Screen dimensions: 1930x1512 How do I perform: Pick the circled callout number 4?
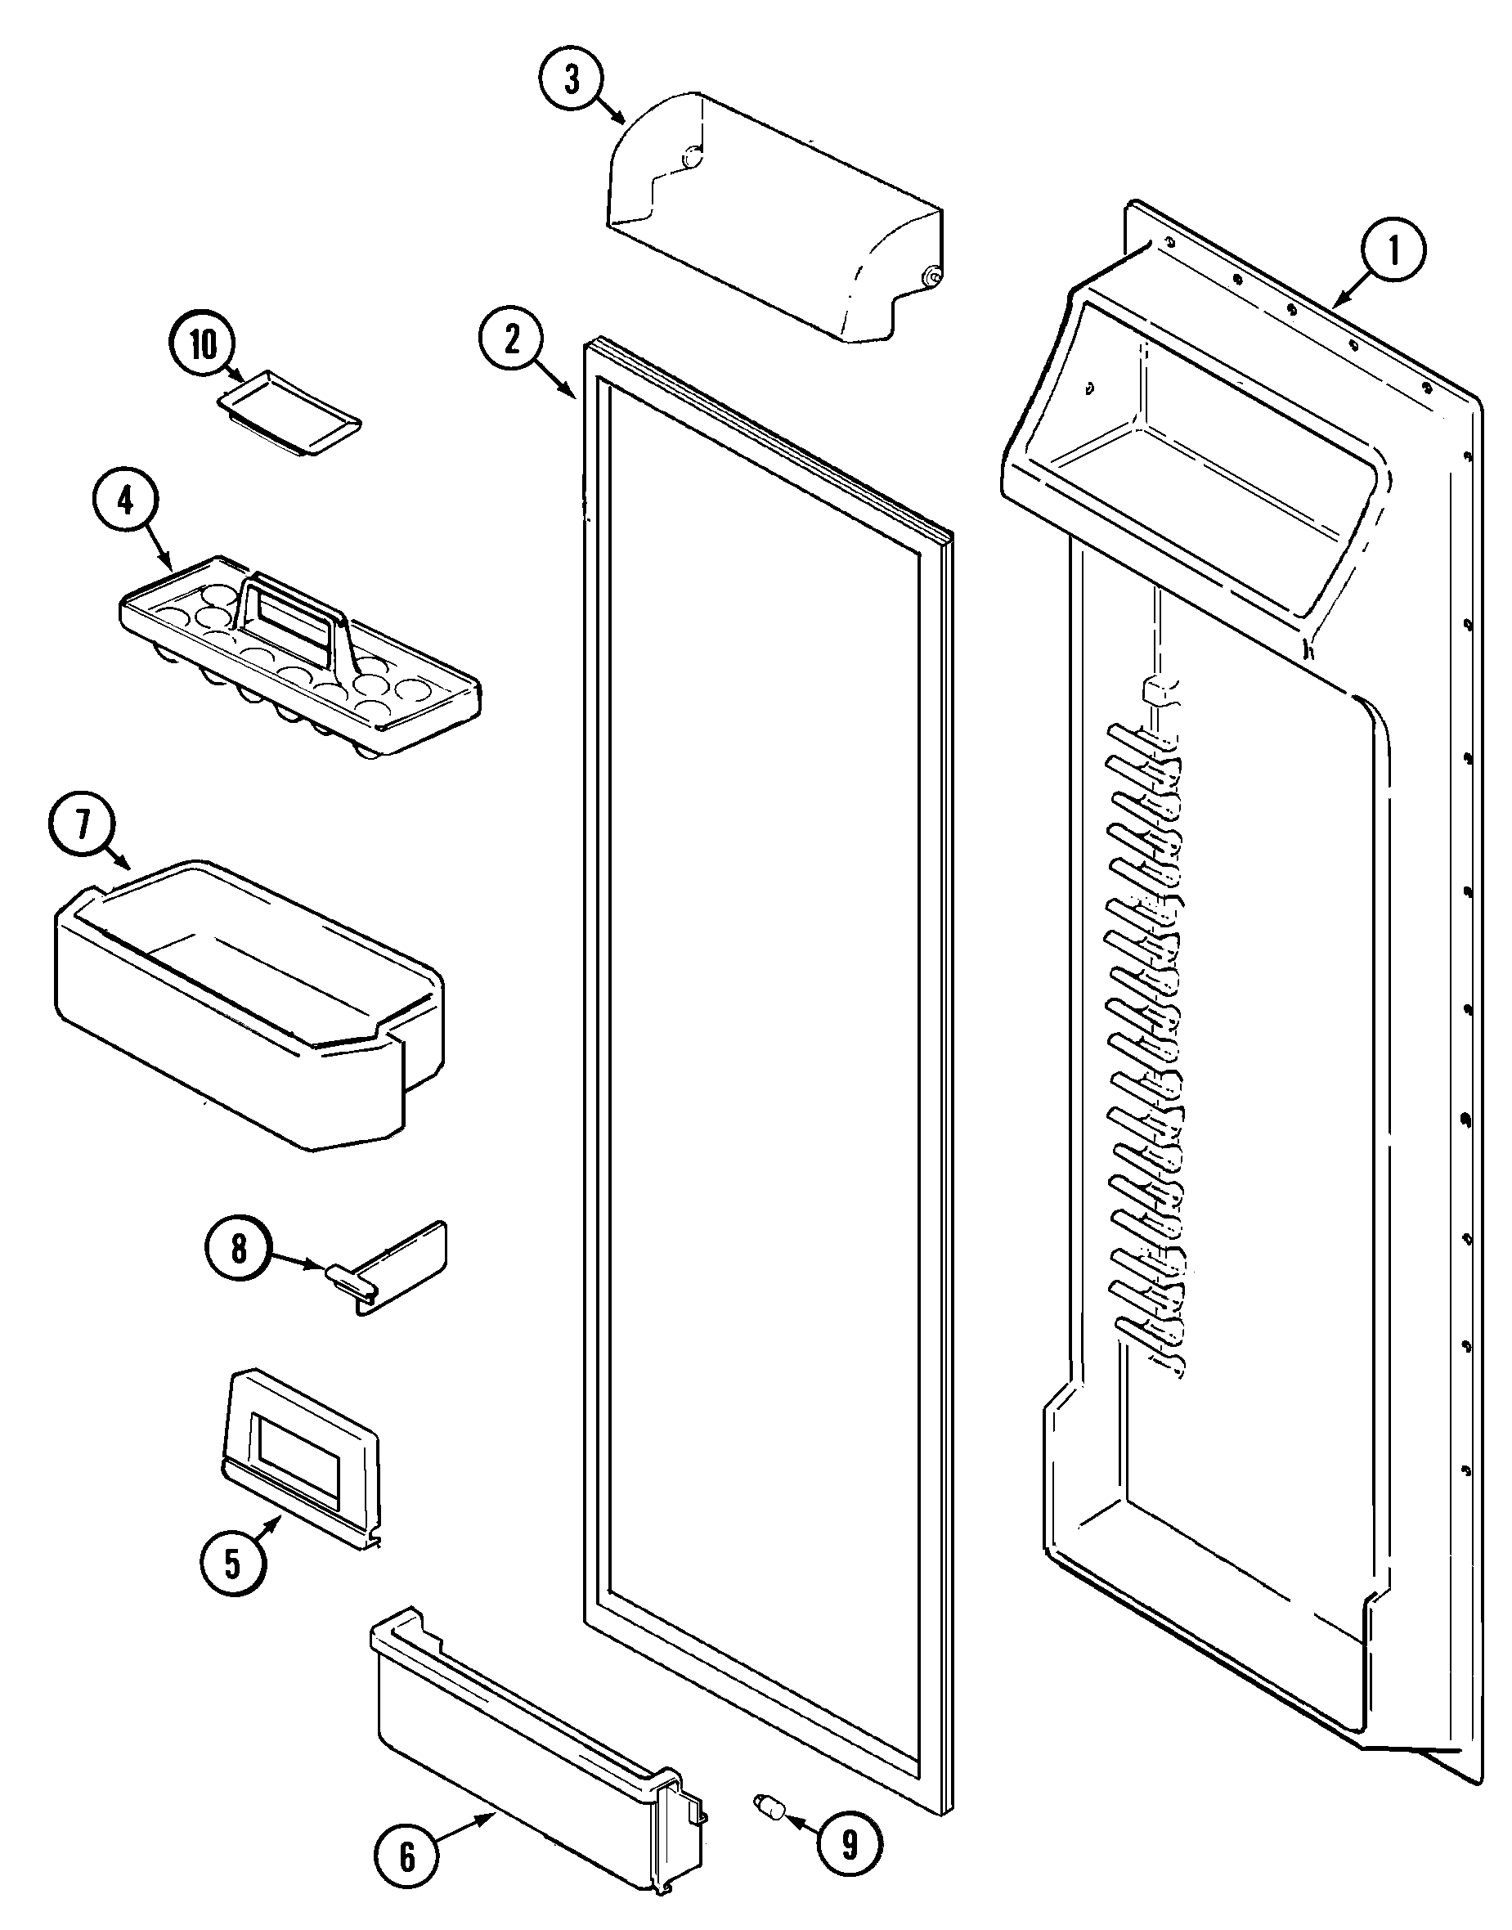coord(126,502)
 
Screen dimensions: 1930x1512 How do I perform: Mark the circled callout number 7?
coord(83,825)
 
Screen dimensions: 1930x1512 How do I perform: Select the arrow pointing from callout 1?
coord(1352,290)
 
